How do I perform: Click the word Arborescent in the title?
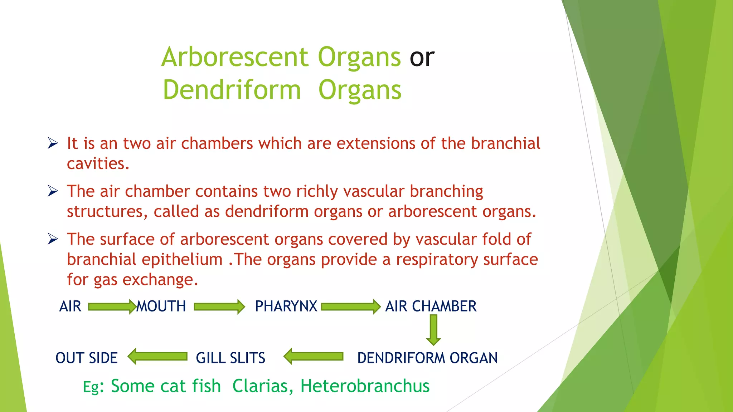pos(235,57)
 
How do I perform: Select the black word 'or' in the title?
pos(422,57)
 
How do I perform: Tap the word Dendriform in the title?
pos(232,90)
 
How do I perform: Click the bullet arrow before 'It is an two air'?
pos(53,144)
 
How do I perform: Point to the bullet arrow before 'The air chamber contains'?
pos(53,191)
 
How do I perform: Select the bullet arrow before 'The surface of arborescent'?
pos(53,239)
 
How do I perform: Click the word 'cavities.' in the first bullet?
pos(98,164)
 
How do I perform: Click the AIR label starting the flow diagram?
pos(70,306)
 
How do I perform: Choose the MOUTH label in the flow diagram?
pos(161,306)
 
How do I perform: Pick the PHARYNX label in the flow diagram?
pos(286,306)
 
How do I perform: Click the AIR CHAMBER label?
pos(431,306)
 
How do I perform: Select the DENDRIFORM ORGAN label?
pos(427,358)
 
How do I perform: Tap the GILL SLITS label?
pos(230,358)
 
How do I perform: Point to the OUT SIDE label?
pos(87,358)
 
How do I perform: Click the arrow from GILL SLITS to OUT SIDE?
pos(157,357)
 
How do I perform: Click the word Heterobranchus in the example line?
pos(365,386)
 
